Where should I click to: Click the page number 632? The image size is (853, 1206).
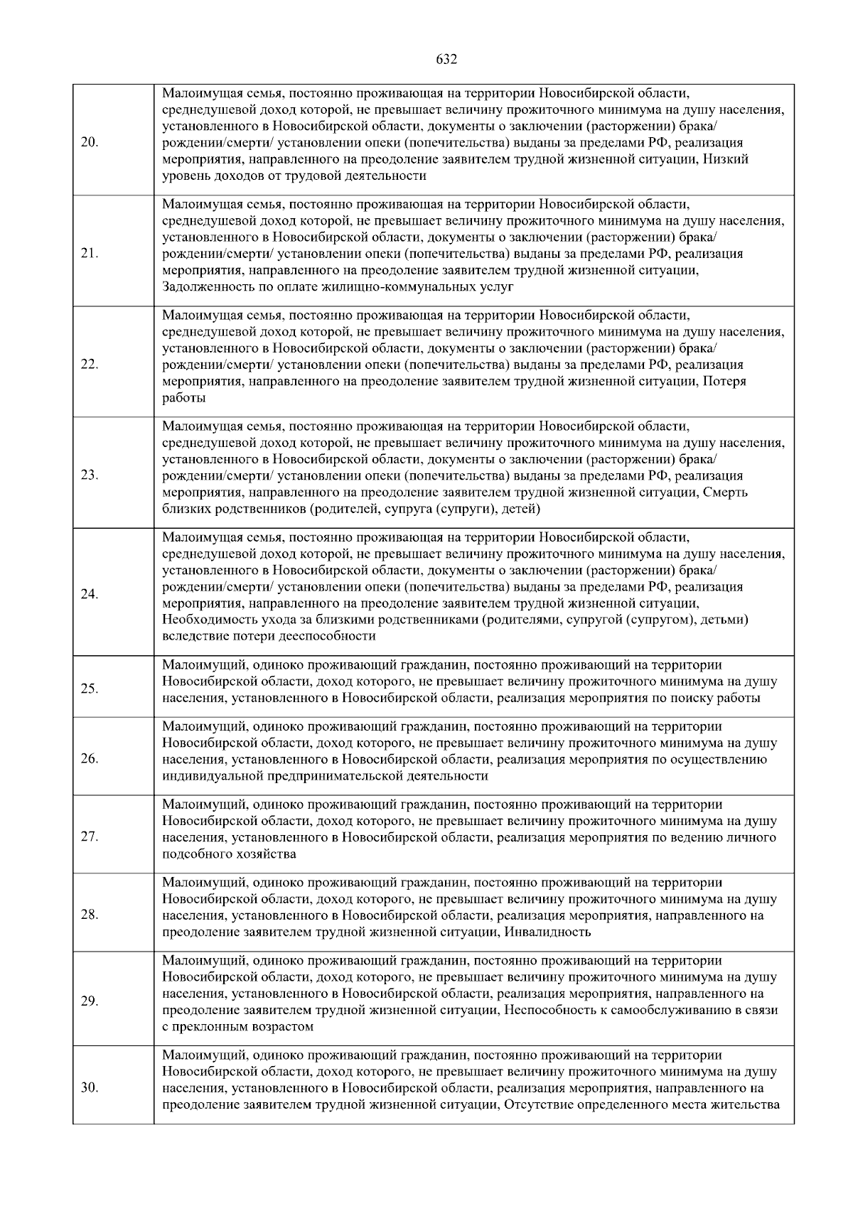pos(446,60)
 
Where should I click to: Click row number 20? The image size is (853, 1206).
pos(90,142)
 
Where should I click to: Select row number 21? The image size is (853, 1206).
pos(90,254)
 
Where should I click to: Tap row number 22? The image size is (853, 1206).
pos(90,365)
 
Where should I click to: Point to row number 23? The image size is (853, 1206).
pos(90,475)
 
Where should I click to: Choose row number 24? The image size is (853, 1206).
pos(90,595)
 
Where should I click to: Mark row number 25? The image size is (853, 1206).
pos(90,689)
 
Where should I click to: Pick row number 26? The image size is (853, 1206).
pos(90,758)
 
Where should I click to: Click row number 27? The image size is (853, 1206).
pos(90,836)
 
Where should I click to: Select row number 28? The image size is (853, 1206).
pos(90,915)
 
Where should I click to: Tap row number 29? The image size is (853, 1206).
pos(90,1001)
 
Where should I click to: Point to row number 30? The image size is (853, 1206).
pos(90,1088)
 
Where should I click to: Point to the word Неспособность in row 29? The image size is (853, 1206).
pos(547,1010)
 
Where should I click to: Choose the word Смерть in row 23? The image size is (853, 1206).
pos(725,492)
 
